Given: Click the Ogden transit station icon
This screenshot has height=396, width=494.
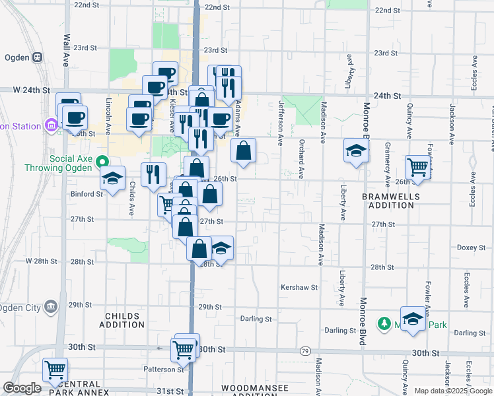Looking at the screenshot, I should pyautogui.click(x=38, y=57).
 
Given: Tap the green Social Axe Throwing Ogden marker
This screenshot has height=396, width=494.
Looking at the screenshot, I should pyautogui.click(x=101, y=160).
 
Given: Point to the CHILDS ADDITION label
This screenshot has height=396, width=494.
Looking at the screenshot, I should pyautogui.click(x=122, y=320).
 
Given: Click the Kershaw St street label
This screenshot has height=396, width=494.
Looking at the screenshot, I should pyautogui.click(x=299, y=288).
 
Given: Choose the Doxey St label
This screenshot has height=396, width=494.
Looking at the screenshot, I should pyautogui.click(x=471, y=247).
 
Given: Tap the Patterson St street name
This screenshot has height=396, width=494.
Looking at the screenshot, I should pyautogui.click(x=164, y=370).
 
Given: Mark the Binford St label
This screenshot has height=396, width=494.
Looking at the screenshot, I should pyautogui.click(x=87, y=194).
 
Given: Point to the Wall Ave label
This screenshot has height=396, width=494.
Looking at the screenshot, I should pyautogui.click(x=66, y=49).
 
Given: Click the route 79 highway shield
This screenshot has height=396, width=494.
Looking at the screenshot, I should pyautogui.click(x=304, y=350).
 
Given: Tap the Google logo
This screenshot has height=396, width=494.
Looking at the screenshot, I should pyautogui.click(x=22, y=388).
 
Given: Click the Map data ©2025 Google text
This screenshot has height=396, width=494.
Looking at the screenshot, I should pyautogui.click(x=452, y=391).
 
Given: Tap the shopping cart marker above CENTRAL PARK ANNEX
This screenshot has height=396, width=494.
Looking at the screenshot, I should pyautogui.click(x=55, y=370).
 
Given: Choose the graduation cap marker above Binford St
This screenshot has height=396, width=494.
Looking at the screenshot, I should pyautogui.click(x=113, y=178).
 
